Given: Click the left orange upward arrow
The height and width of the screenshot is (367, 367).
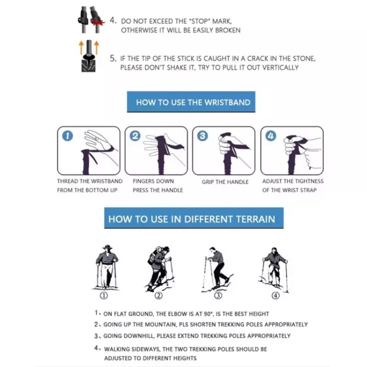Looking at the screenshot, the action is click(81, 47).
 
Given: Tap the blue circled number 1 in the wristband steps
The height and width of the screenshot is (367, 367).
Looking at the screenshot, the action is click(68, 136).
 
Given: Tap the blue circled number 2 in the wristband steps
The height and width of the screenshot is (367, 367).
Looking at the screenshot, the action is click(135, 136).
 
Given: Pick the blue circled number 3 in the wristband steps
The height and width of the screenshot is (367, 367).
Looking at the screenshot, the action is click(203, 136).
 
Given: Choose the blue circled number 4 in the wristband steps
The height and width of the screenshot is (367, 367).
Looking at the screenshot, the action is click(271, 136).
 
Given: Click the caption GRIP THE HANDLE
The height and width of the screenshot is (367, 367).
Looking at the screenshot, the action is click(225, 182).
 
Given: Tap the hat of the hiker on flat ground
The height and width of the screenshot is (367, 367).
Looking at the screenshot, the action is click(108, 247).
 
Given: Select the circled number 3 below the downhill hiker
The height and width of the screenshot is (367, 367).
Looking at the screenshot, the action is click(218, 296).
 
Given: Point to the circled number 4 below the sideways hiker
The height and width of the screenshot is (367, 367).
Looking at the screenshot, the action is click(275, 296).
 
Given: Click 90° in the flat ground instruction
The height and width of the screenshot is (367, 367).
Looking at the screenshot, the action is click(208, 314).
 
